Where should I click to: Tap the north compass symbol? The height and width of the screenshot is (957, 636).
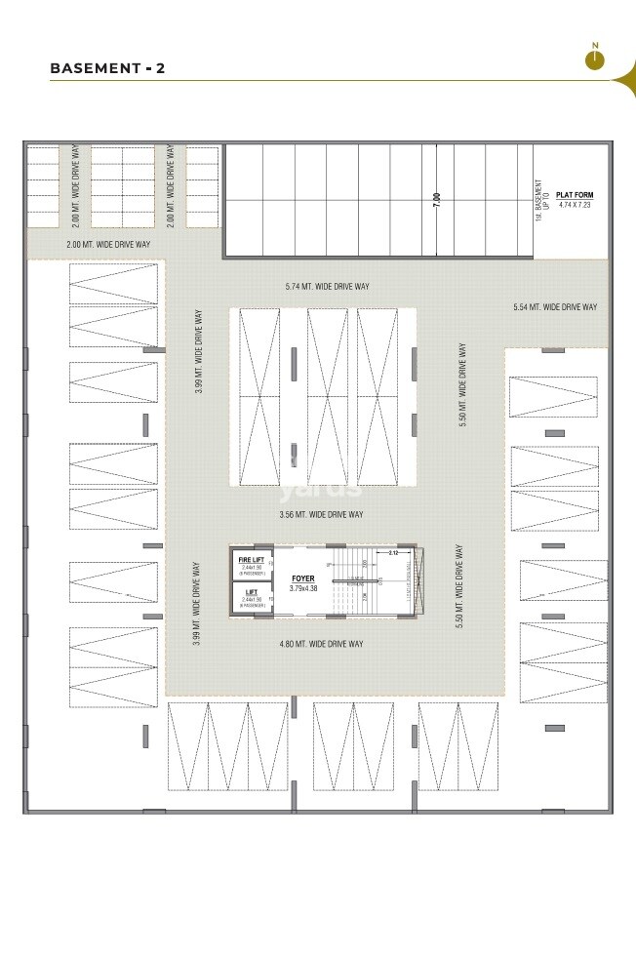coord(594,60)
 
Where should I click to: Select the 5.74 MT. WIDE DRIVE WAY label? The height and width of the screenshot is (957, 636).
coord(328,286)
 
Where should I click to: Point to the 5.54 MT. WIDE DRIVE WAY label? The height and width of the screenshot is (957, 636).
coord(554,307)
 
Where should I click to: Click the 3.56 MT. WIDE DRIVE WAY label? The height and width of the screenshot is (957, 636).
coord(321,514)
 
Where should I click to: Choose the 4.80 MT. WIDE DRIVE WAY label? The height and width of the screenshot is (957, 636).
coord(321,644)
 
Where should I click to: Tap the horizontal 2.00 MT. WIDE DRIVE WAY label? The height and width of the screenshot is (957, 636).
coord(108,244)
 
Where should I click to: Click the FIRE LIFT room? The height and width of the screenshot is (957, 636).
coord(252,564)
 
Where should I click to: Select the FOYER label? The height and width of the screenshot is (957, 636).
coord(302,578)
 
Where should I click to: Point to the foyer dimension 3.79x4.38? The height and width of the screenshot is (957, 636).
coord(302,587)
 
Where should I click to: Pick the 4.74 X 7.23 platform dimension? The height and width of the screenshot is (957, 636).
coord(575,206)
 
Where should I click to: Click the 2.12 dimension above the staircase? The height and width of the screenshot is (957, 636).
coord(392,552)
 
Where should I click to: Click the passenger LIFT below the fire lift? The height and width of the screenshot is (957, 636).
coord(252,597)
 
